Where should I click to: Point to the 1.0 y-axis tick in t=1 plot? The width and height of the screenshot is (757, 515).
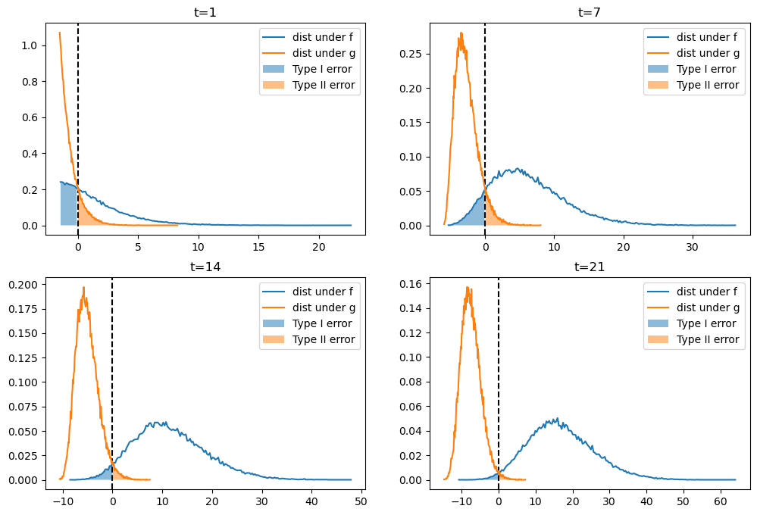[29, 45]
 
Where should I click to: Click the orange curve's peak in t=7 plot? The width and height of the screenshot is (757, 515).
[461, 33]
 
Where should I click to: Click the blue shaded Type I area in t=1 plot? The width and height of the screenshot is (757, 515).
[69, 204]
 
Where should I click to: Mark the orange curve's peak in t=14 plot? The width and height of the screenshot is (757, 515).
[83, 287]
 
